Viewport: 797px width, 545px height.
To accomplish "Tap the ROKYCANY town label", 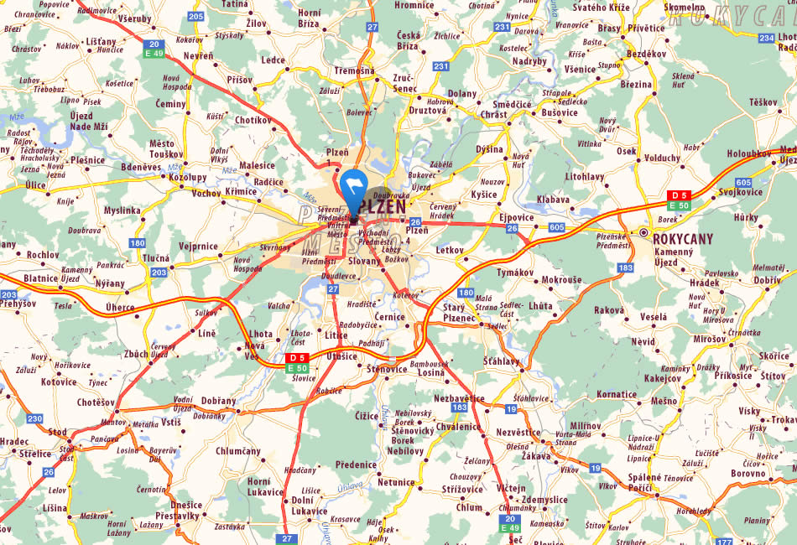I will point(682,239).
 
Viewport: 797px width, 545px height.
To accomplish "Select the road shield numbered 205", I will point(196,16).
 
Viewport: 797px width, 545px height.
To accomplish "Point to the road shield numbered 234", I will point(765,38).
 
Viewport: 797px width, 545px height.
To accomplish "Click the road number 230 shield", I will point(34,418).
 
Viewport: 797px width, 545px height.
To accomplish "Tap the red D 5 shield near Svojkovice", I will point(678,195).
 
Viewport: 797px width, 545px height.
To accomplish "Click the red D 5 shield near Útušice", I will point(297,358).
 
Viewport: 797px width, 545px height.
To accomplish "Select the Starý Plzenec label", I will point(459,313).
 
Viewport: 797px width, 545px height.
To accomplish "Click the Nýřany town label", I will point(110,283).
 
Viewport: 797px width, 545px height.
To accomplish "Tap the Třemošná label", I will point(354,70).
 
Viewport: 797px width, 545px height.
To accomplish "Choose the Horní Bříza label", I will point(309,18).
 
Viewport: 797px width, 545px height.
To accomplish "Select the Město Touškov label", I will point(165,149).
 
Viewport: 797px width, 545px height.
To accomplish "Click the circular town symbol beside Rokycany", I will point(643,233).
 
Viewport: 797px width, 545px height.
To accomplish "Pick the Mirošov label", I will point(686,338).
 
